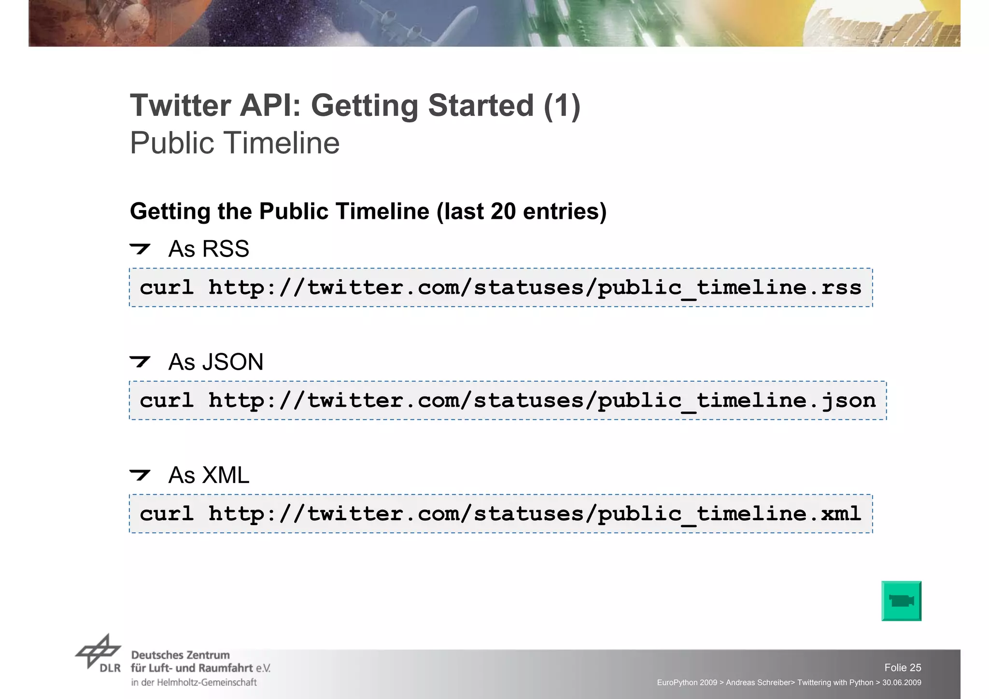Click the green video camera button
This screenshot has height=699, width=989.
901,601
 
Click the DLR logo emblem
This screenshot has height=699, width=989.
98,652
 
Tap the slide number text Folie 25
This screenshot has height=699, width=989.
903,668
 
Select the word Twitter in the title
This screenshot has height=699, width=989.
180,105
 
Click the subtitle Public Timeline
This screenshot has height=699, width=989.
235,143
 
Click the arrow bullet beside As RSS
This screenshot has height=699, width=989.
140,249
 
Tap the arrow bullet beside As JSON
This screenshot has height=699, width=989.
140,361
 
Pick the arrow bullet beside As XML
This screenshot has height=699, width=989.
140,475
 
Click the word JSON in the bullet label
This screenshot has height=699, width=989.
233,362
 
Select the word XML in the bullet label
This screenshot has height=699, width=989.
226,475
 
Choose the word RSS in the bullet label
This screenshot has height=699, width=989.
226,249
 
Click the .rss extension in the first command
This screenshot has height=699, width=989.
834,288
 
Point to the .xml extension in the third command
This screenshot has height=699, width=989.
834,514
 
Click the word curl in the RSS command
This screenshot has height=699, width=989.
167,288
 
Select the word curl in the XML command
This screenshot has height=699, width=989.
167,514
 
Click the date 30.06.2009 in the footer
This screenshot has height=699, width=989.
902,683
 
